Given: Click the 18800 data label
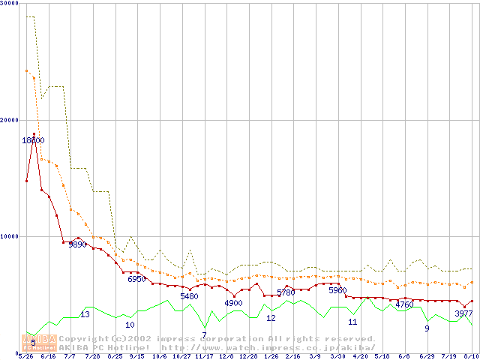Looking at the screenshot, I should tap(33, 140).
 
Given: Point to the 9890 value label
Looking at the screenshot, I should tap(78, 244).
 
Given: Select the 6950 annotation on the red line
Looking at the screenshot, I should tap(136, 279).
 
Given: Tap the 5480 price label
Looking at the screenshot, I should tap(189, 296).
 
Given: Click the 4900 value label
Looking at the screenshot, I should tap(233, 303).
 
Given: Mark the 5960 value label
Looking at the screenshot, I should tap(337, 289).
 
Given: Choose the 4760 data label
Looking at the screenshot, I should tap(404, 304).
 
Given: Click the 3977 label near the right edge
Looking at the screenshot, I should tap(463, 313).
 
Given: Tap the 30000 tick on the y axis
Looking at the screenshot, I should tap(10, 4).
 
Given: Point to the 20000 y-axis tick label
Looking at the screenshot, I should tap(10, 120).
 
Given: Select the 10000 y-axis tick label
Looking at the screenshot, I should tap(10, 236).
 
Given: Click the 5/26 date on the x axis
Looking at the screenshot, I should tap(26, 356).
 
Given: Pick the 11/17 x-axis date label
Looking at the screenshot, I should tap(204, 356).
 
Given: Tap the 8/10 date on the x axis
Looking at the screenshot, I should tap(471, 356).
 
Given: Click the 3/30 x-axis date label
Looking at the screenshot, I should tap(337, 356).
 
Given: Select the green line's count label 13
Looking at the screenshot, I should tap(85, 314).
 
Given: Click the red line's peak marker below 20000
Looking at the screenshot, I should tap(34, 134).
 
